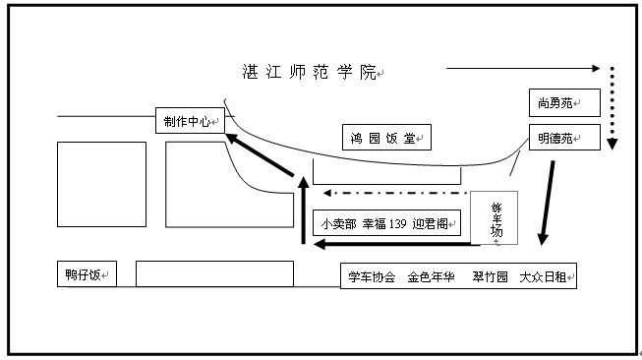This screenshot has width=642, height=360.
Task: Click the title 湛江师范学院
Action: tap(310, 72)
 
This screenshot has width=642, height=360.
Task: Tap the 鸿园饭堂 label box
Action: tap(386, 139)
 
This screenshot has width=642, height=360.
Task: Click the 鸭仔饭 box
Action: tap(87, 274)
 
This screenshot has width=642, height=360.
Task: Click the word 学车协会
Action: tap(372, 277)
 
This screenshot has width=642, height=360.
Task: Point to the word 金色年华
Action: tap(432, 277)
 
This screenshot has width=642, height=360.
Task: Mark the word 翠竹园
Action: tap(489, 277)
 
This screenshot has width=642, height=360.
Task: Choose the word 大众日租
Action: tap(544, 277)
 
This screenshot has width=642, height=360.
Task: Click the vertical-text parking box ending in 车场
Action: tap(496, 218)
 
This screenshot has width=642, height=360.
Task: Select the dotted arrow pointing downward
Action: tap(612, 108)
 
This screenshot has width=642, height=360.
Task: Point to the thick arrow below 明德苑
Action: tap(546, 203)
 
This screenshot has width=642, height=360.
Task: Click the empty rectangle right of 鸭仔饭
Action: tap(214, 273)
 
